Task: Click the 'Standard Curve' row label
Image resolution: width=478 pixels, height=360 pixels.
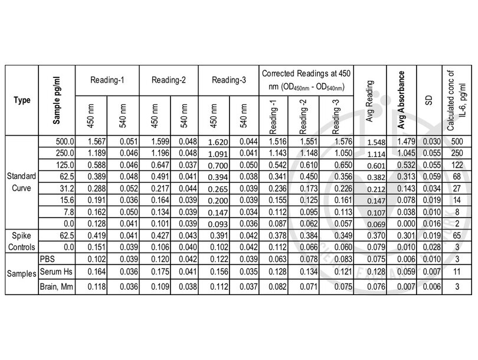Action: (21, 182)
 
